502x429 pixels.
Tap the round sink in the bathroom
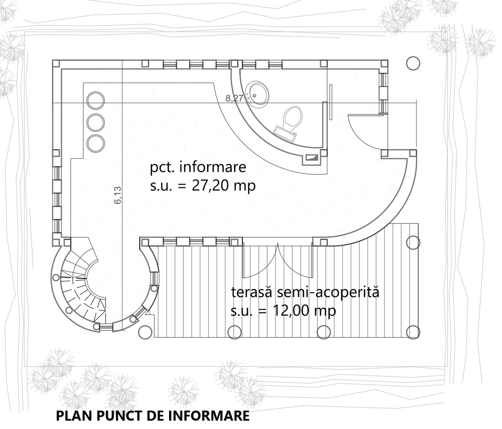tap(257, 93)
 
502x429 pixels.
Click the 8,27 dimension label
tap(235, 98)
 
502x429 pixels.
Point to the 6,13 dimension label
tap(118, 195)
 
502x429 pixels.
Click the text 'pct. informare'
tap(198, 168)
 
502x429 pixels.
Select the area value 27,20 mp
tap(224, 186)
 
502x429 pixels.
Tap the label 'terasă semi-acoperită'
tap(305, 292)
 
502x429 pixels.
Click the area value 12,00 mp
tap(304, 311)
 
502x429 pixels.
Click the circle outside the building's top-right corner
tap(413, 63)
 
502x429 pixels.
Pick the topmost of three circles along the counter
tap(96, 100)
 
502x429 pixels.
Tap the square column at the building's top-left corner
tap(56, 64)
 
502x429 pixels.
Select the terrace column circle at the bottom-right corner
tap(413, 332)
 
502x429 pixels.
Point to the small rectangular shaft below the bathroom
tap(312, 158)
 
